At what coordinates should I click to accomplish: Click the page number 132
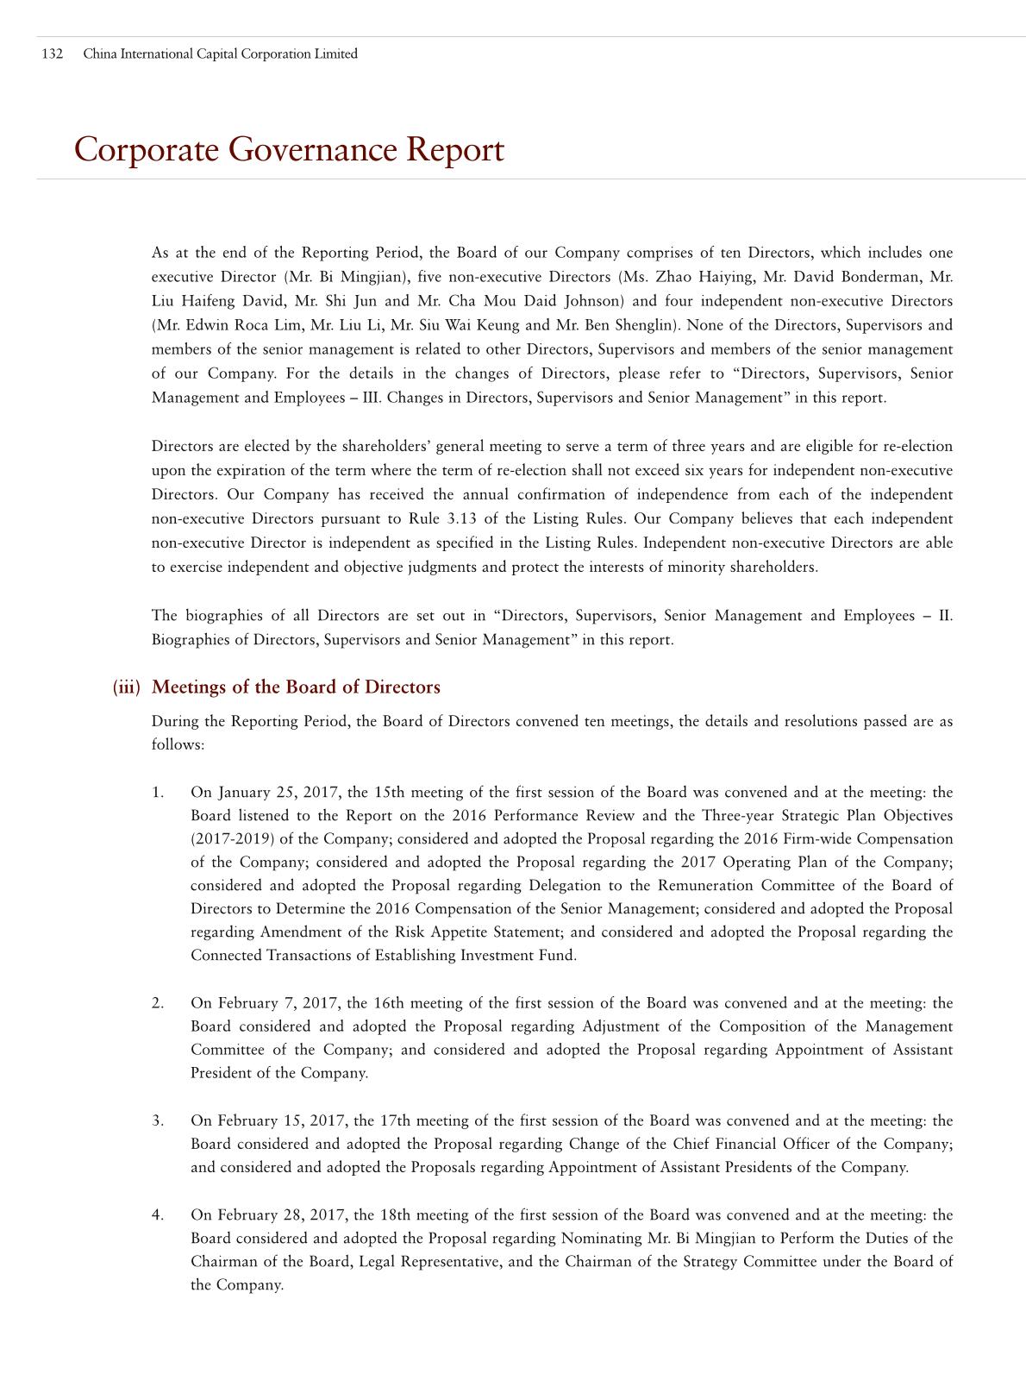click(52, 53)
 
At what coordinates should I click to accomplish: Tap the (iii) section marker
click(126, 687)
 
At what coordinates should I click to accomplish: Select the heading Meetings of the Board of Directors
click(296, 687)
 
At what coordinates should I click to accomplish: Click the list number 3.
click(157, 1120)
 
